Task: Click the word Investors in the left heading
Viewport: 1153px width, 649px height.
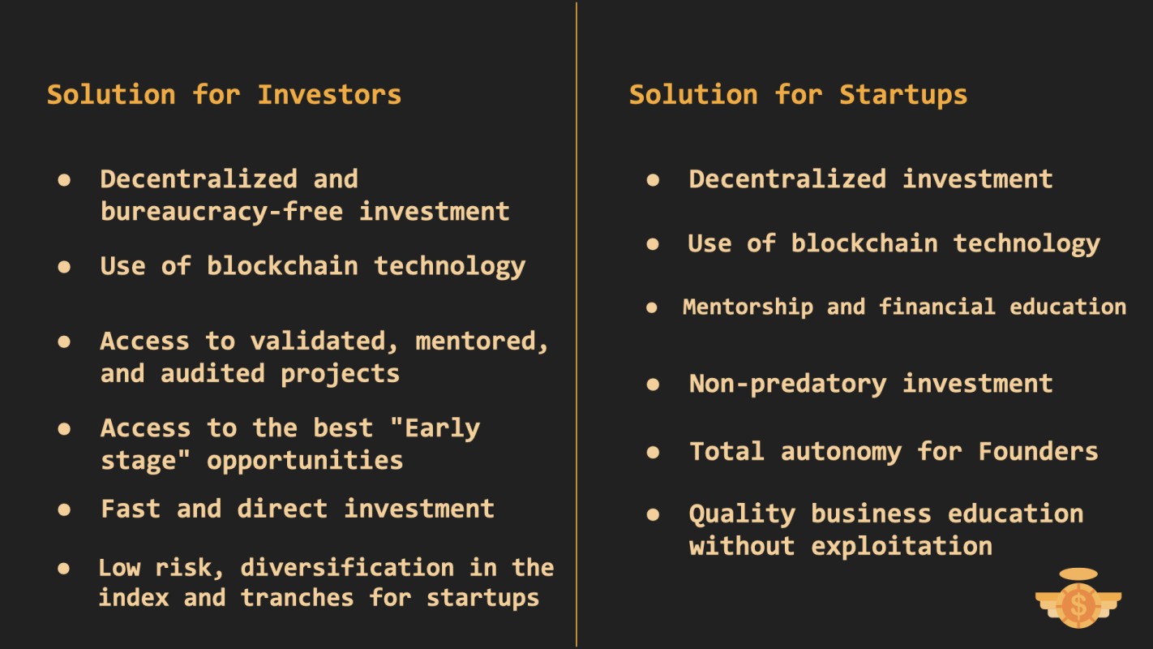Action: click(x=329, y=95)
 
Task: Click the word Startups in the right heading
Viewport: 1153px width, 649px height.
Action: click(x=903, y=96)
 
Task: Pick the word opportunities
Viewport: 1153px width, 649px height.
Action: click(x=305, y=461)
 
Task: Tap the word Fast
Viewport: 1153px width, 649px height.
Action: click(x=131, y=509)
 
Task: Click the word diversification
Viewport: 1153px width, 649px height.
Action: click(x=348, y=568)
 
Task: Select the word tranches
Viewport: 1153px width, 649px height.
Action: click(x=297, y=598)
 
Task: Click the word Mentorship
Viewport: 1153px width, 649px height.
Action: click(x=748, y=307)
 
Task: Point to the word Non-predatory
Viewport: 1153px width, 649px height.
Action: click(x=788, y=385)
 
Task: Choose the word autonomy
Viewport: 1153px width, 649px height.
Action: click(x=841, y=452)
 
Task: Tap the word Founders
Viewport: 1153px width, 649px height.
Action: click(x=1038, y=451)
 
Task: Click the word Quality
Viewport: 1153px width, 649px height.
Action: click(x=742, y=514)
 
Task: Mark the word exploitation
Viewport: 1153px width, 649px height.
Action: click(x=902, y=545)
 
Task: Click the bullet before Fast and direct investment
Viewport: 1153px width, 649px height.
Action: click(x=64, y=510)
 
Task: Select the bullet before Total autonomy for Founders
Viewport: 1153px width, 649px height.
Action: click(x=653, y=452)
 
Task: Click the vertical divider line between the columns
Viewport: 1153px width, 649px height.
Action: click(x=576, y=324)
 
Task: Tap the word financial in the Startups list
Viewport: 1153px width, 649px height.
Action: click(x=937, y=307)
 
